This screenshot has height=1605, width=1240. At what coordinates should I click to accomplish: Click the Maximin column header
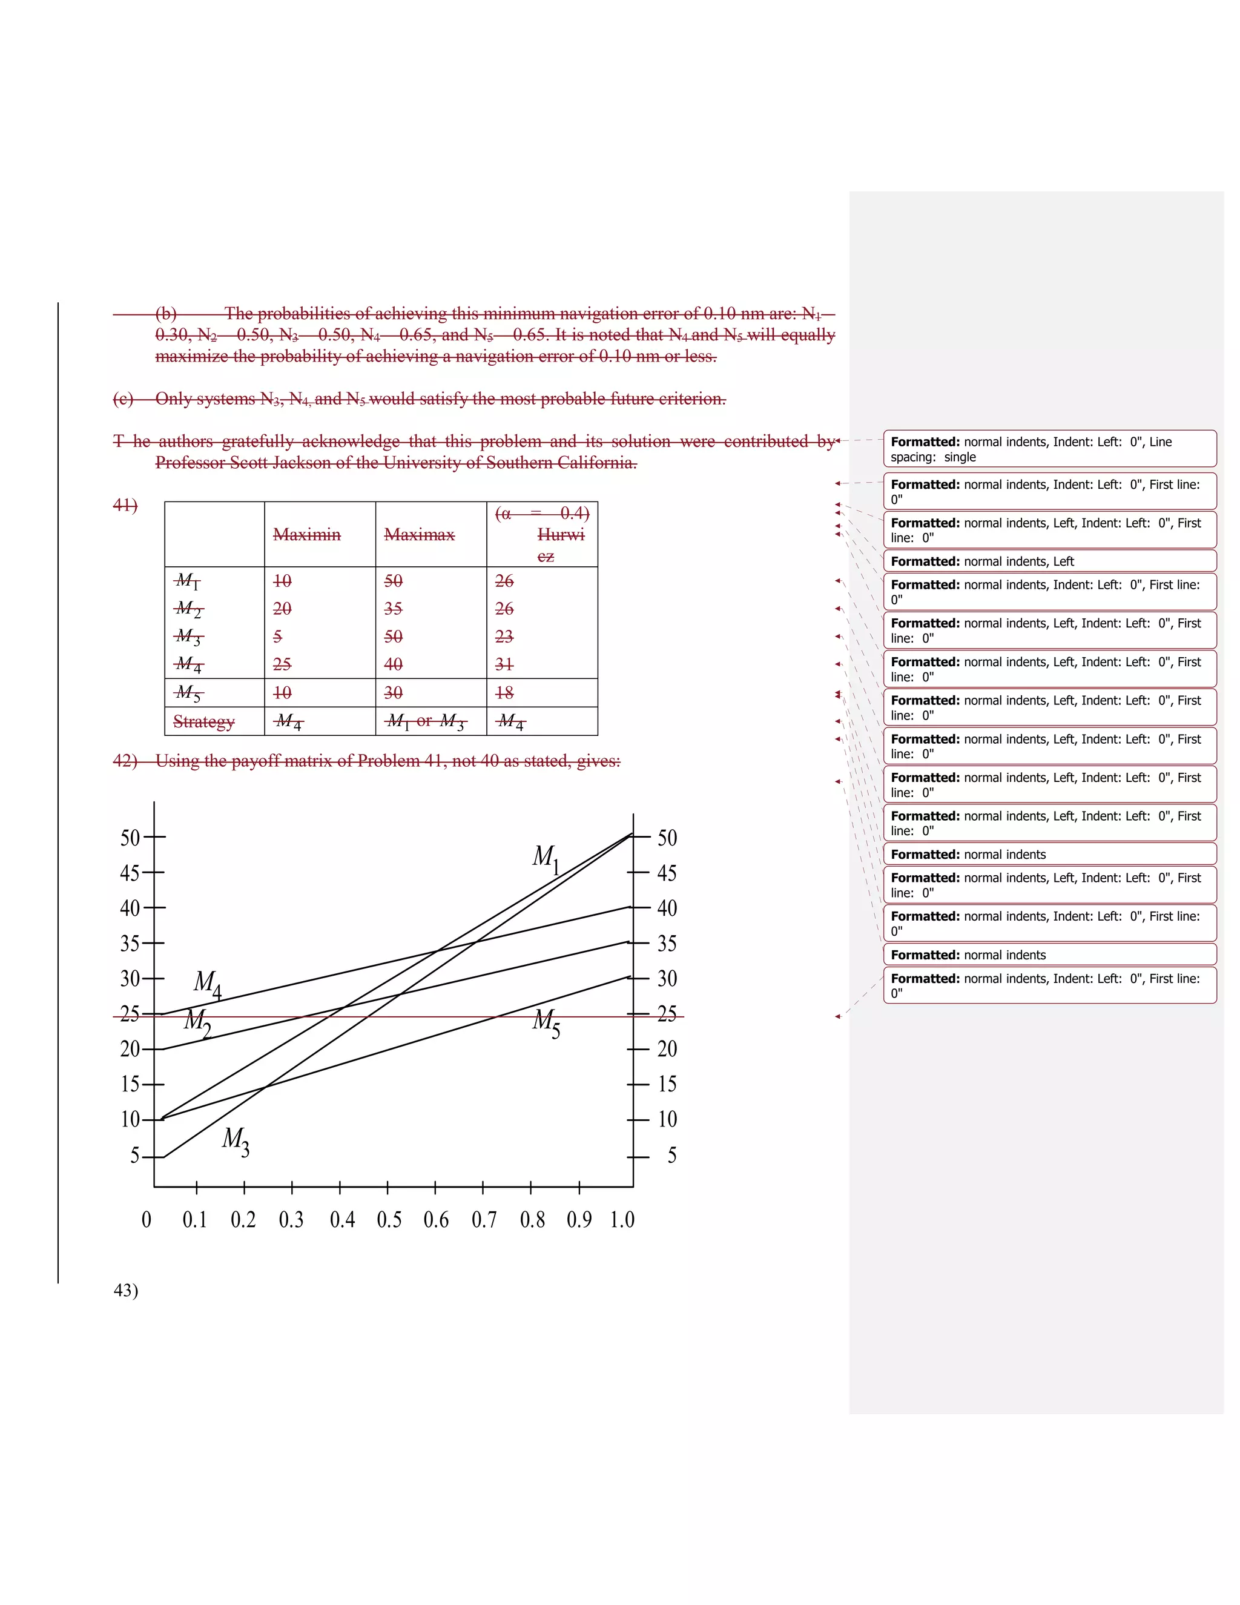coord(307,534)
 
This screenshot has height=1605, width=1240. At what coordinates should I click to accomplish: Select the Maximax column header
coord(420,534)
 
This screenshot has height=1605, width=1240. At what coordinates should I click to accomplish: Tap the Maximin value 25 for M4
coord(282,664)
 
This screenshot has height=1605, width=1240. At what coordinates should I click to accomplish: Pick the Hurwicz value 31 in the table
coord(504,664)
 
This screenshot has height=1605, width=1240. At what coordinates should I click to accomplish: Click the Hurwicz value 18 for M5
coord(504,692)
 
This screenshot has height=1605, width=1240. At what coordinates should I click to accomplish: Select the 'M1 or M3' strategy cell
coord(426,722)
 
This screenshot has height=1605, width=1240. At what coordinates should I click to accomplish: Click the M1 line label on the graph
coord(546,858)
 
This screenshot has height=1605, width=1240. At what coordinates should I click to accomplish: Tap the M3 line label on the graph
coord(236,1140)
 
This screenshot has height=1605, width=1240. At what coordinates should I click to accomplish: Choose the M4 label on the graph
coord(207,983)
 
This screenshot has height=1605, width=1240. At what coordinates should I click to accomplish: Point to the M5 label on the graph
coord(546,1022)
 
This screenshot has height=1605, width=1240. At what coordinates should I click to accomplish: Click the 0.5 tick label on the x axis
coord(389,1220)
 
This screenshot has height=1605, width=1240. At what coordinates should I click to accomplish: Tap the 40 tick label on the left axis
coord(130,908)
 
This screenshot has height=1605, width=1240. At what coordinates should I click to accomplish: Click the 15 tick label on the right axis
coord(667,1084)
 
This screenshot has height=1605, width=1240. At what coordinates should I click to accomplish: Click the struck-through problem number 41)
coord(125,505)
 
